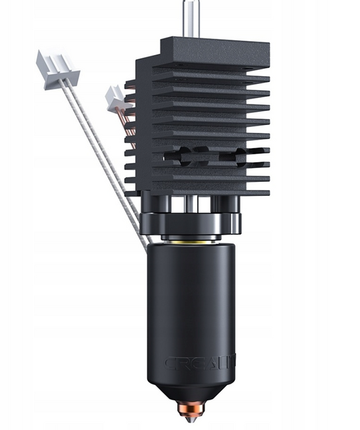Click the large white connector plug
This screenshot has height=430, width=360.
pyautogui.click(x=56, y=69)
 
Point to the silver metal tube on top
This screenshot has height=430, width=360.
pyautogui.click(x=189, y=16)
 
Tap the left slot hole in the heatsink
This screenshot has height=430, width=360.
pyautogui.click(x=180, y=157)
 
